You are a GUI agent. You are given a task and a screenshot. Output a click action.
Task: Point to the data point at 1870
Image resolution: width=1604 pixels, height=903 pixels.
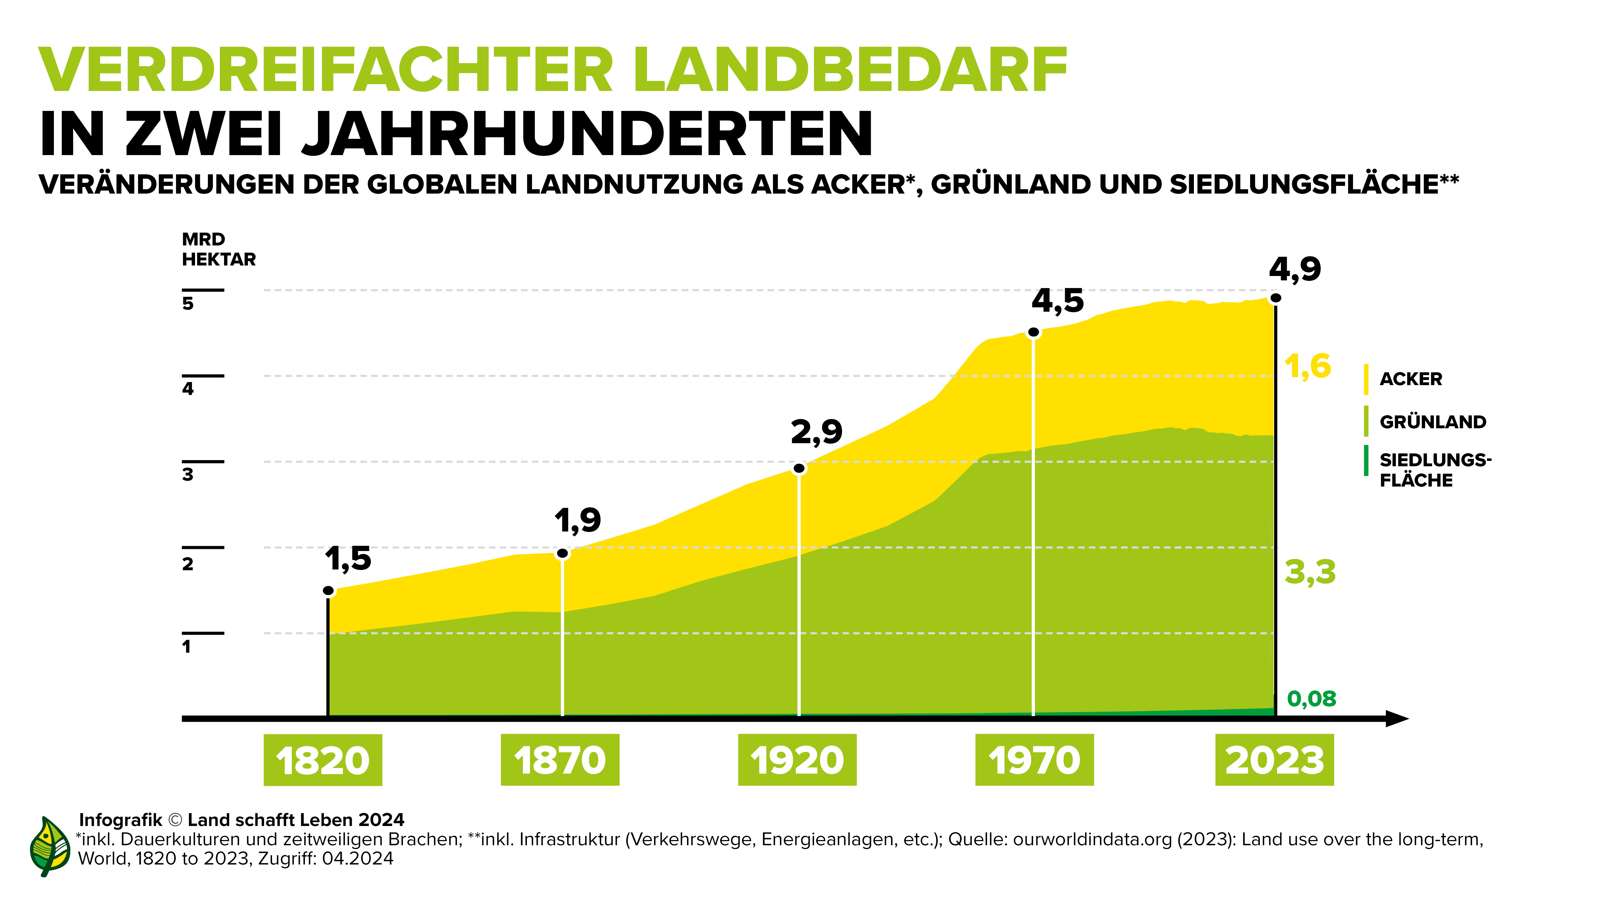[562, 553]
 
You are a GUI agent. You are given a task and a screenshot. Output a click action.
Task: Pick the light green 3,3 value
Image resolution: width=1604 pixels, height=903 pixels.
[1310, 572]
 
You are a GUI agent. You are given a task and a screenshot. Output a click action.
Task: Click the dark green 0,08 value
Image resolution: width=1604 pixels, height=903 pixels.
[1311, 699]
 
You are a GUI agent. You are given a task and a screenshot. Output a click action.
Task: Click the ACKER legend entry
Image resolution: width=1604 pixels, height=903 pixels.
[1410, 379]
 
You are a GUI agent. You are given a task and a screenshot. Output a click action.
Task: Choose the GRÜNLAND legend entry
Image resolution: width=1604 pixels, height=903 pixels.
[1432, 422]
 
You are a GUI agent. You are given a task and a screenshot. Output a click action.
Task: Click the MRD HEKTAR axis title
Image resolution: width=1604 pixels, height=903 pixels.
[218, 249]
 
